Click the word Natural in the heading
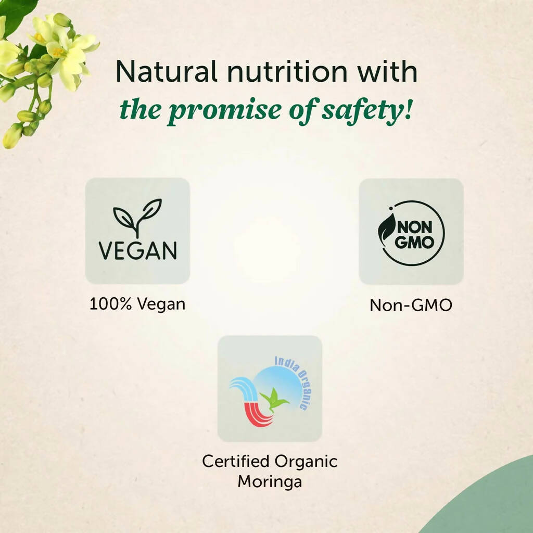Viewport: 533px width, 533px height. tap(166, 71)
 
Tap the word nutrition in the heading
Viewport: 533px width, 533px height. tap(287, 71)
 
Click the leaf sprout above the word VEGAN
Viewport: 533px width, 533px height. tap(137, 218)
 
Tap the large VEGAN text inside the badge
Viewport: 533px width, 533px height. tap(137, 250)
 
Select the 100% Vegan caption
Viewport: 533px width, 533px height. tap(137, 304)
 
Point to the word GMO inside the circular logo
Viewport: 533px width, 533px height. tap(415, 243)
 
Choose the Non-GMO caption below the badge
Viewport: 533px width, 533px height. tap(411, 305)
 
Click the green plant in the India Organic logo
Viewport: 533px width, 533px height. tap(274, 400)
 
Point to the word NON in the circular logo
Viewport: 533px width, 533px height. tap(415, 227)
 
